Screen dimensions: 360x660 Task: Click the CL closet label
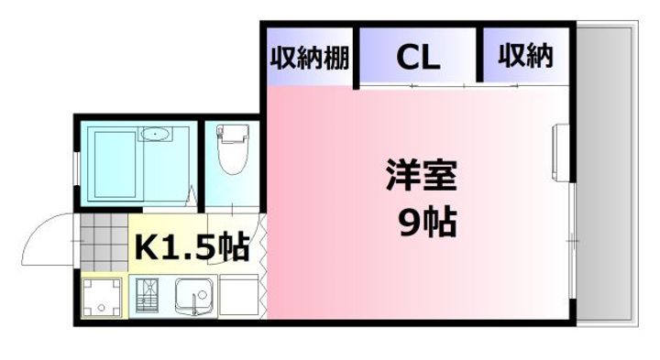(417, 58)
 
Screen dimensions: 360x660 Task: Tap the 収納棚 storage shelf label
(309, 58)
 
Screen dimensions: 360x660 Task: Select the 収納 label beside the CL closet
(525, 57)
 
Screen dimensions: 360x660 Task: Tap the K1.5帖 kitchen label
(192, 245)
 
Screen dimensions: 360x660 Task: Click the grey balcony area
(604, 174)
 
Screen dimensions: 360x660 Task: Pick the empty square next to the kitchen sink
(236, 297)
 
